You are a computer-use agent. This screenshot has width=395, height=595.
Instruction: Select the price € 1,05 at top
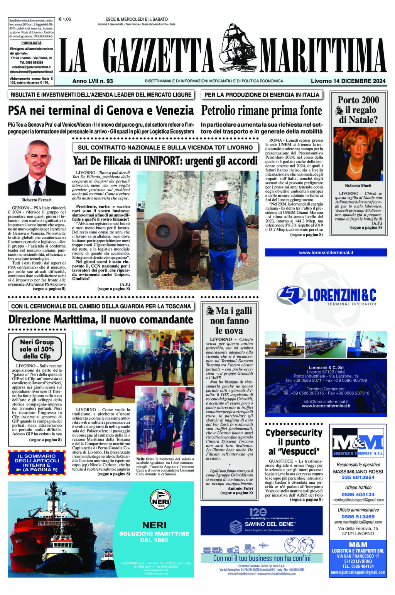[64, 19]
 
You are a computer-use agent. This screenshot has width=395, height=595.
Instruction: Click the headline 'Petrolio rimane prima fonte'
[261, 111]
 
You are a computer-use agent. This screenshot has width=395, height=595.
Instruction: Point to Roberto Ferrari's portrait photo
[37, 167]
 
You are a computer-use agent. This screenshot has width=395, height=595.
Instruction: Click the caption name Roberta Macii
[358, 185]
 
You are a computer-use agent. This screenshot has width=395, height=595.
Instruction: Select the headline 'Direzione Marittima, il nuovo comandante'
[101, 319]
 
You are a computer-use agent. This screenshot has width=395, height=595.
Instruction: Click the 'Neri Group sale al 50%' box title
[37, 349]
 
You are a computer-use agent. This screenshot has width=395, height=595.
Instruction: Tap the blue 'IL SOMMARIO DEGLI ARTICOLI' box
[37, 463]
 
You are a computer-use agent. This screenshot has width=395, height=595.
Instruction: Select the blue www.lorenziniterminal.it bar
[326, 252]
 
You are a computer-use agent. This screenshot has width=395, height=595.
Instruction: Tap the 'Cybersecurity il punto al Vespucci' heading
[294, 441]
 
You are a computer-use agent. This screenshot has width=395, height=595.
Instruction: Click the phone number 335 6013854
[358, 477]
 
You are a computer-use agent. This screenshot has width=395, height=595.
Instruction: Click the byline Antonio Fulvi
[240, 488]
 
